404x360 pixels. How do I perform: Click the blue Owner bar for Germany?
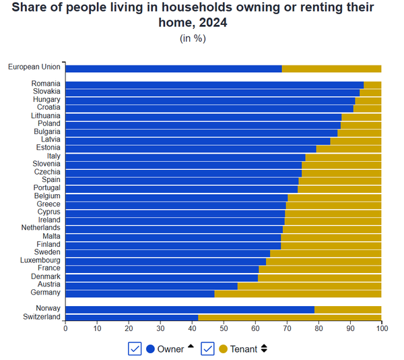pyautogui.click(x=140, y=293)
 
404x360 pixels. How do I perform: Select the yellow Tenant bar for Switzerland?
pyautogui.click(x=290, y=317)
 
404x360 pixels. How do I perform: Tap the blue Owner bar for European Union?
pyautogui.click(x=174, y=68)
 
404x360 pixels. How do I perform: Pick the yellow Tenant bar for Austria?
pyautogui.click(x=310, y=285)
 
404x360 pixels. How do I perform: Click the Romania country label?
pyautogui.click(x=46, y=84)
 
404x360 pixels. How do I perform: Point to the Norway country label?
pyautogui.click(x=48, y=309)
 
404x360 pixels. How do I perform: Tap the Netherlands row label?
pyautogui.click(x=40, y=229)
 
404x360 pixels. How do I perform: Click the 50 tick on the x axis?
pyautogui.click(x=224, y=329)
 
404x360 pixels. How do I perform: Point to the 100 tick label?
pyautogui.click(x=381, y=329)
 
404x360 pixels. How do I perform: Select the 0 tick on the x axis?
pyautogui.click(x=65, y=329)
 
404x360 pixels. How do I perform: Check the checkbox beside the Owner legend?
pyautogui.click(x=135, y=349)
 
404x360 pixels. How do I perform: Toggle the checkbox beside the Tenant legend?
pyautogui.click(x=207, y=349)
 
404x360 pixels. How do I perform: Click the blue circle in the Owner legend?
pyautogui.click(x=150, y=349)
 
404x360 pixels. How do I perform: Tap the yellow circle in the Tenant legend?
pyautogui.click(x=224, y=349)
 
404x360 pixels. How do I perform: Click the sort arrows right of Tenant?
pyautogui.click(x=264, y=349)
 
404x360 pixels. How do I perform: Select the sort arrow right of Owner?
pyautogui.click(x=191, y=347)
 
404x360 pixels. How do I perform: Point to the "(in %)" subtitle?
pyautogui.click(x=193, y=38)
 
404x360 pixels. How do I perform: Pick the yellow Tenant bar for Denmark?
pyautogui.click(x=320, y=277)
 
